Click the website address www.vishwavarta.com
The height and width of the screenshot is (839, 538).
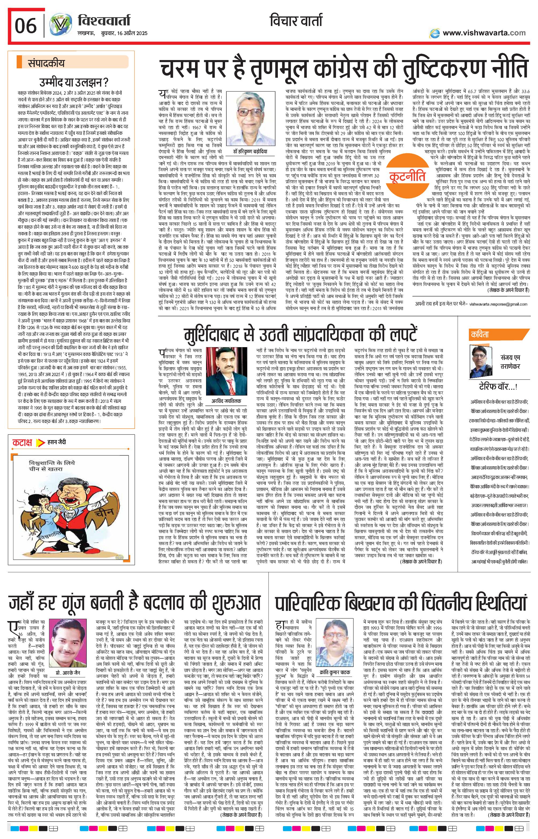tap(484, 33)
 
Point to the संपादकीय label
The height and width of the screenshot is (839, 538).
tap(46, 64)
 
